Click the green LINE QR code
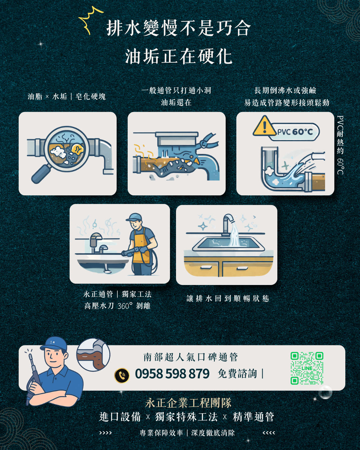(307, 368)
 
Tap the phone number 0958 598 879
(172, 374)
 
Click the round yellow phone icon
(122, 375)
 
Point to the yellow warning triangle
(264, 126)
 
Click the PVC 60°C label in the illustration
(295, 132)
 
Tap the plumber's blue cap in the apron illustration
(134, 218)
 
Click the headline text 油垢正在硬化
(179, 56)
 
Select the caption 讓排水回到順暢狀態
(228, 298)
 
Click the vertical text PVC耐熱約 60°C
(340, 145)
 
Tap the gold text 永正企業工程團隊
(188, 403)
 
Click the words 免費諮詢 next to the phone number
(237, 374)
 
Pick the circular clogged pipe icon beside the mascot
(93, 355)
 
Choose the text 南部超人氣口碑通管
(191, 357)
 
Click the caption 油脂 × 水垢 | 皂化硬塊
(67, 97)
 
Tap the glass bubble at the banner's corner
(325, 392)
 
